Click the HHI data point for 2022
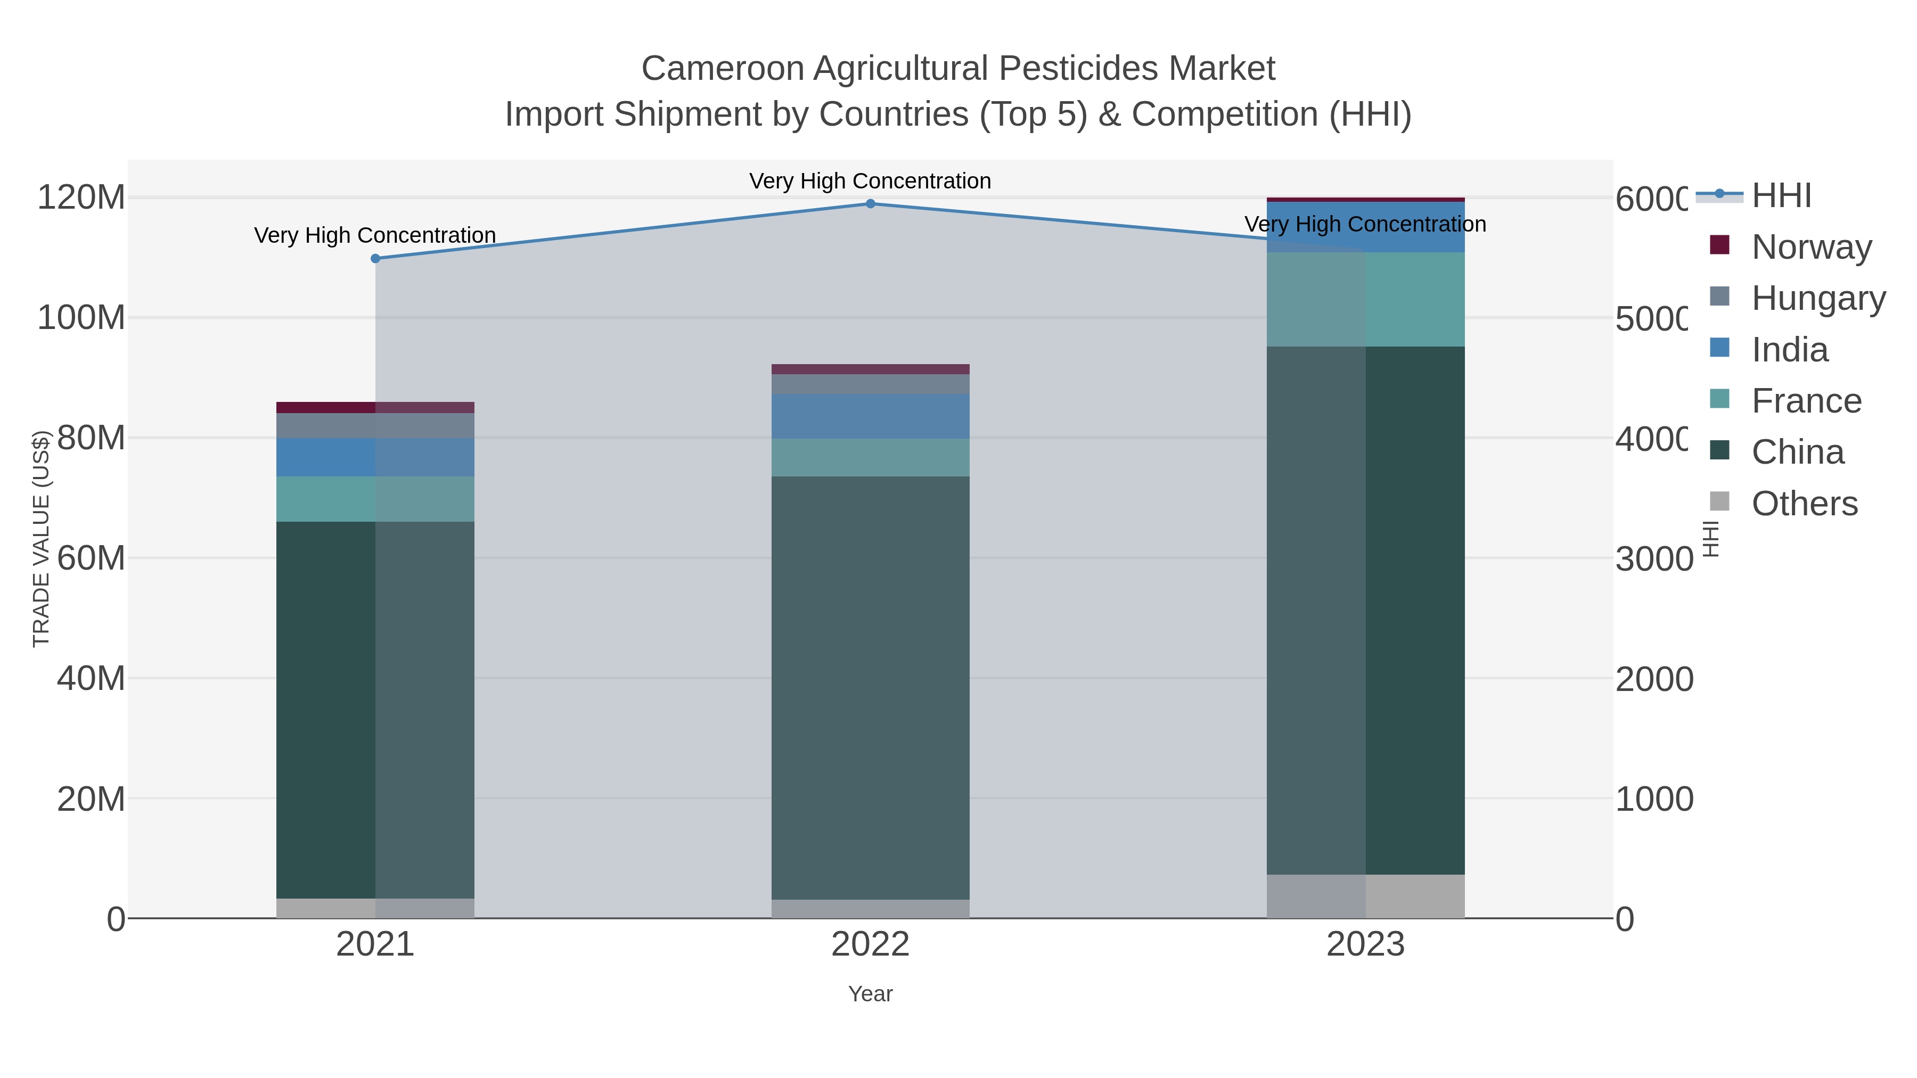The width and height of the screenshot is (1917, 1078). pos(870,204)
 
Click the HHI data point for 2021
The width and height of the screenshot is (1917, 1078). pos(375,259)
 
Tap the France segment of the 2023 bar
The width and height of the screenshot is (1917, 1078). pos(1365,299)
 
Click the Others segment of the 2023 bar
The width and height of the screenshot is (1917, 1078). pos(1365,896)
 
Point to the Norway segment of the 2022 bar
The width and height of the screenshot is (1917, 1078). pos(870,369)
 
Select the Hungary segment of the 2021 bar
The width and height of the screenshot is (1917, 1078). pos(375,425)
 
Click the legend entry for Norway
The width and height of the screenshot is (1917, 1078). pos(1810,247)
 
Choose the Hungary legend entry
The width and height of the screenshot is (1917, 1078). pos(1818,298)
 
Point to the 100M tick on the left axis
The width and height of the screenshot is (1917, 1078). pos(81,318)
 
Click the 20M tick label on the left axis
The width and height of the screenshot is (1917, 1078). pos(91,799)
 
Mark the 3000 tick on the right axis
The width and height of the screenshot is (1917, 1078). pos(1653,559)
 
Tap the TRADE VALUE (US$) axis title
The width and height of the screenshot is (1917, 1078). pos(41,539)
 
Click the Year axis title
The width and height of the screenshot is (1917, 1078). pos(870,994)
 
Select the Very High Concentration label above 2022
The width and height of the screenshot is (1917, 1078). pos(870,181)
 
